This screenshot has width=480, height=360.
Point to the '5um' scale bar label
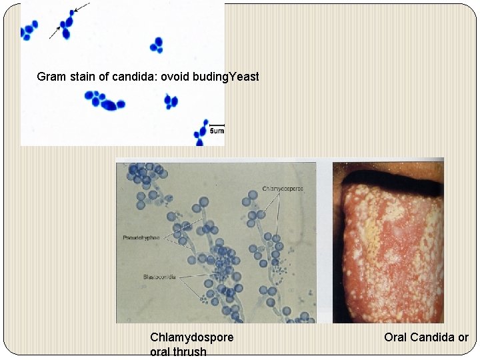click(x=217, y=132)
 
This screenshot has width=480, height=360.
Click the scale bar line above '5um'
click(x=217, y=125)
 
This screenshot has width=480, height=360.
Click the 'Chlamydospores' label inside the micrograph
click(x=283, y=189)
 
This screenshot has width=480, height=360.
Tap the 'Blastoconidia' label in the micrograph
click(x=159, y=277)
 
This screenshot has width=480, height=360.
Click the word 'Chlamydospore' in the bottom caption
click(x=192, y=337)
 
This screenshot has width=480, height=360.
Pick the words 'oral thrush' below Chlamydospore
click(x=178, y=352)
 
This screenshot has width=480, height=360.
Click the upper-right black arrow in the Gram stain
click(x=81, y=8)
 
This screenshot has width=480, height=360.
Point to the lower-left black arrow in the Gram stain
click(x=54, y=33)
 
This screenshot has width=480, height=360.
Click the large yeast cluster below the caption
click(x=105, y=101)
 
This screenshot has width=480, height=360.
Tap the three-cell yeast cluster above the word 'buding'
click(x=157, y=45)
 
